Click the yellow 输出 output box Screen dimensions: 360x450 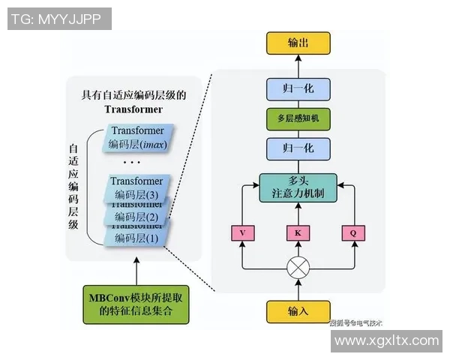(298, 43)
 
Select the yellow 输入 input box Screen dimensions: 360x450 (298, 310)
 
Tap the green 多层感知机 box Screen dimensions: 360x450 (298, 118)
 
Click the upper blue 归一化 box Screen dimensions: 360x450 (298, 89)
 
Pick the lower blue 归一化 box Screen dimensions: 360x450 (298, 148)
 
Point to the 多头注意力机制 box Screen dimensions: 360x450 (298, 187)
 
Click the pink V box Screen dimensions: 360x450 (242, 232)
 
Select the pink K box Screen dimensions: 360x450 (298, 232)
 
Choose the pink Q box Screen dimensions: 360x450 (353, 232)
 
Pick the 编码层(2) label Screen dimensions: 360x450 (136, 217)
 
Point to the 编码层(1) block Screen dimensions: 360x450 (136, 238)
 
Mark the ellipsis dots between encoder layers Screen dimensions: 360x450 (131, 162)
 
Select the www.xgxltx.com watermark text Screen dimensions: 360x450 (386, 340)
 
